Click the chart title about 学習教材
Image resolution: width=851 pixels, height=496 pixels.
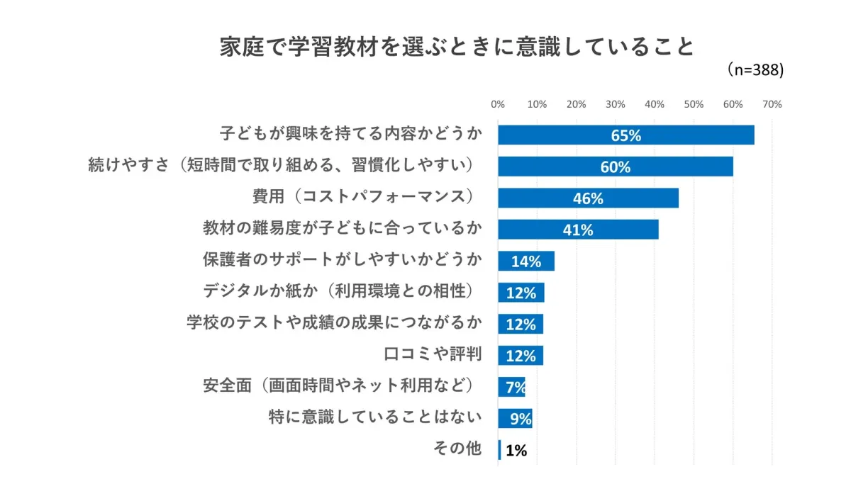pos(456,47)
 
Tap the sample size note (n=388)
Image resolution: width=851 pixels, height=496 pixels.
pos(754,70)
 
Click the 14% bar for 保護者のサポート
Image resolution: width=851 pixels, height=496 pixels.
pos(525,261)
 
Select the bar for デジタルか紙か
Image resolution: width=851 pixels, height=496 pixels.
pos(521,293)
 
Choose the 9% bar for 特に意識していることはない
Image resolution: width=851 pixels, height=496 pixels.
pos(516,418)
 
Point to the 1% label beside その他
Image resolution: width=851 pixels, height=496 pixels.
pos(516,450)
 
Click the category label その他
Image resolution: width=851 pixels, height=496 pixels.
pos(457,449)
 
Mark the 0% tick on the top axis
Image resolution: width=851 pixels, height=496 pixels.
pos(498,104)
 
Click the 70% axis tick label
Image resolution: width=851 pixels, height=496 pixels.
pos(772,104)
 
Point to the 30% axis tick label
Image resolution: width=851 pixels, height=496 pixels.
pos(615,104)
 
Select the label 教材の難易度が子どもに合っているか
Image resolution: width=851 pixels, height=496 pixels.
pos(343,228)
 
